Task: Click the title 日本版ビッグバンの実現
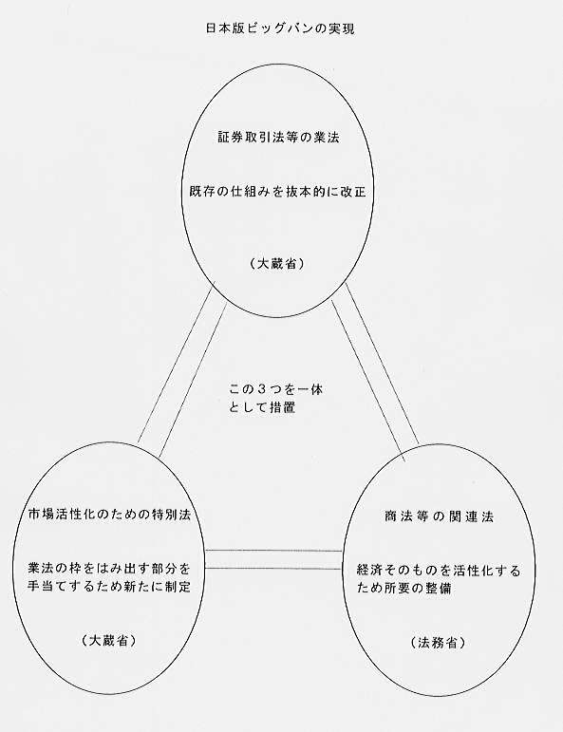(x=280, y=28)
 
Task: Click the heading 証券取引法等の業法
(x=279, y=138)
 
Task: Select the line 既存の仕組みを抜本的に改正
(x=278, y=192)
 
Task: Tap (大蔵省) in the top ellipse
(x=277, y=264)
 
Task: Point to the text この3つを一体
(x=276, y=389)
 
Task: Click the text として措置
(x=262, y=407)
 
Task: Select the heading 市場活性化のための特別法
(x=110, y=515)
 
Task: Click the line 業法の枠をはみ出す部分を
(x=110, y=569)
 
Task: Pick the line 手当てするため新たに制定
(x=110, y=587)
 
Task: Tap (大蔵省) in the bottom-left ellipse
(x=109, y=641)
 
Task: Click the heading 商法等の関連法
(x=439, y=516)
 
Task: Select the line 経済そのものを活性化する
(x=439, y=571)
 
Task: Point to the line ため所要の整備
(x=403, y=589)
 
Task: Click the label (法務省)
(x=439, y=643)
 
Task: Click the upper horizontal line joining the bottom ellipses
(x=274, y=551)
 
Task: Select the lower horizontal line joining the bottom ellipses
(x=274, y=568)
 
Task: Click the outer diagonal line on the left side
(x=175, y=365)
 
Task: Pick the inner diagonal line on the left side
(x=194, y=381)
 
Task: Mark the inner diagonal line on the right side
(x=367, y=381)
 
